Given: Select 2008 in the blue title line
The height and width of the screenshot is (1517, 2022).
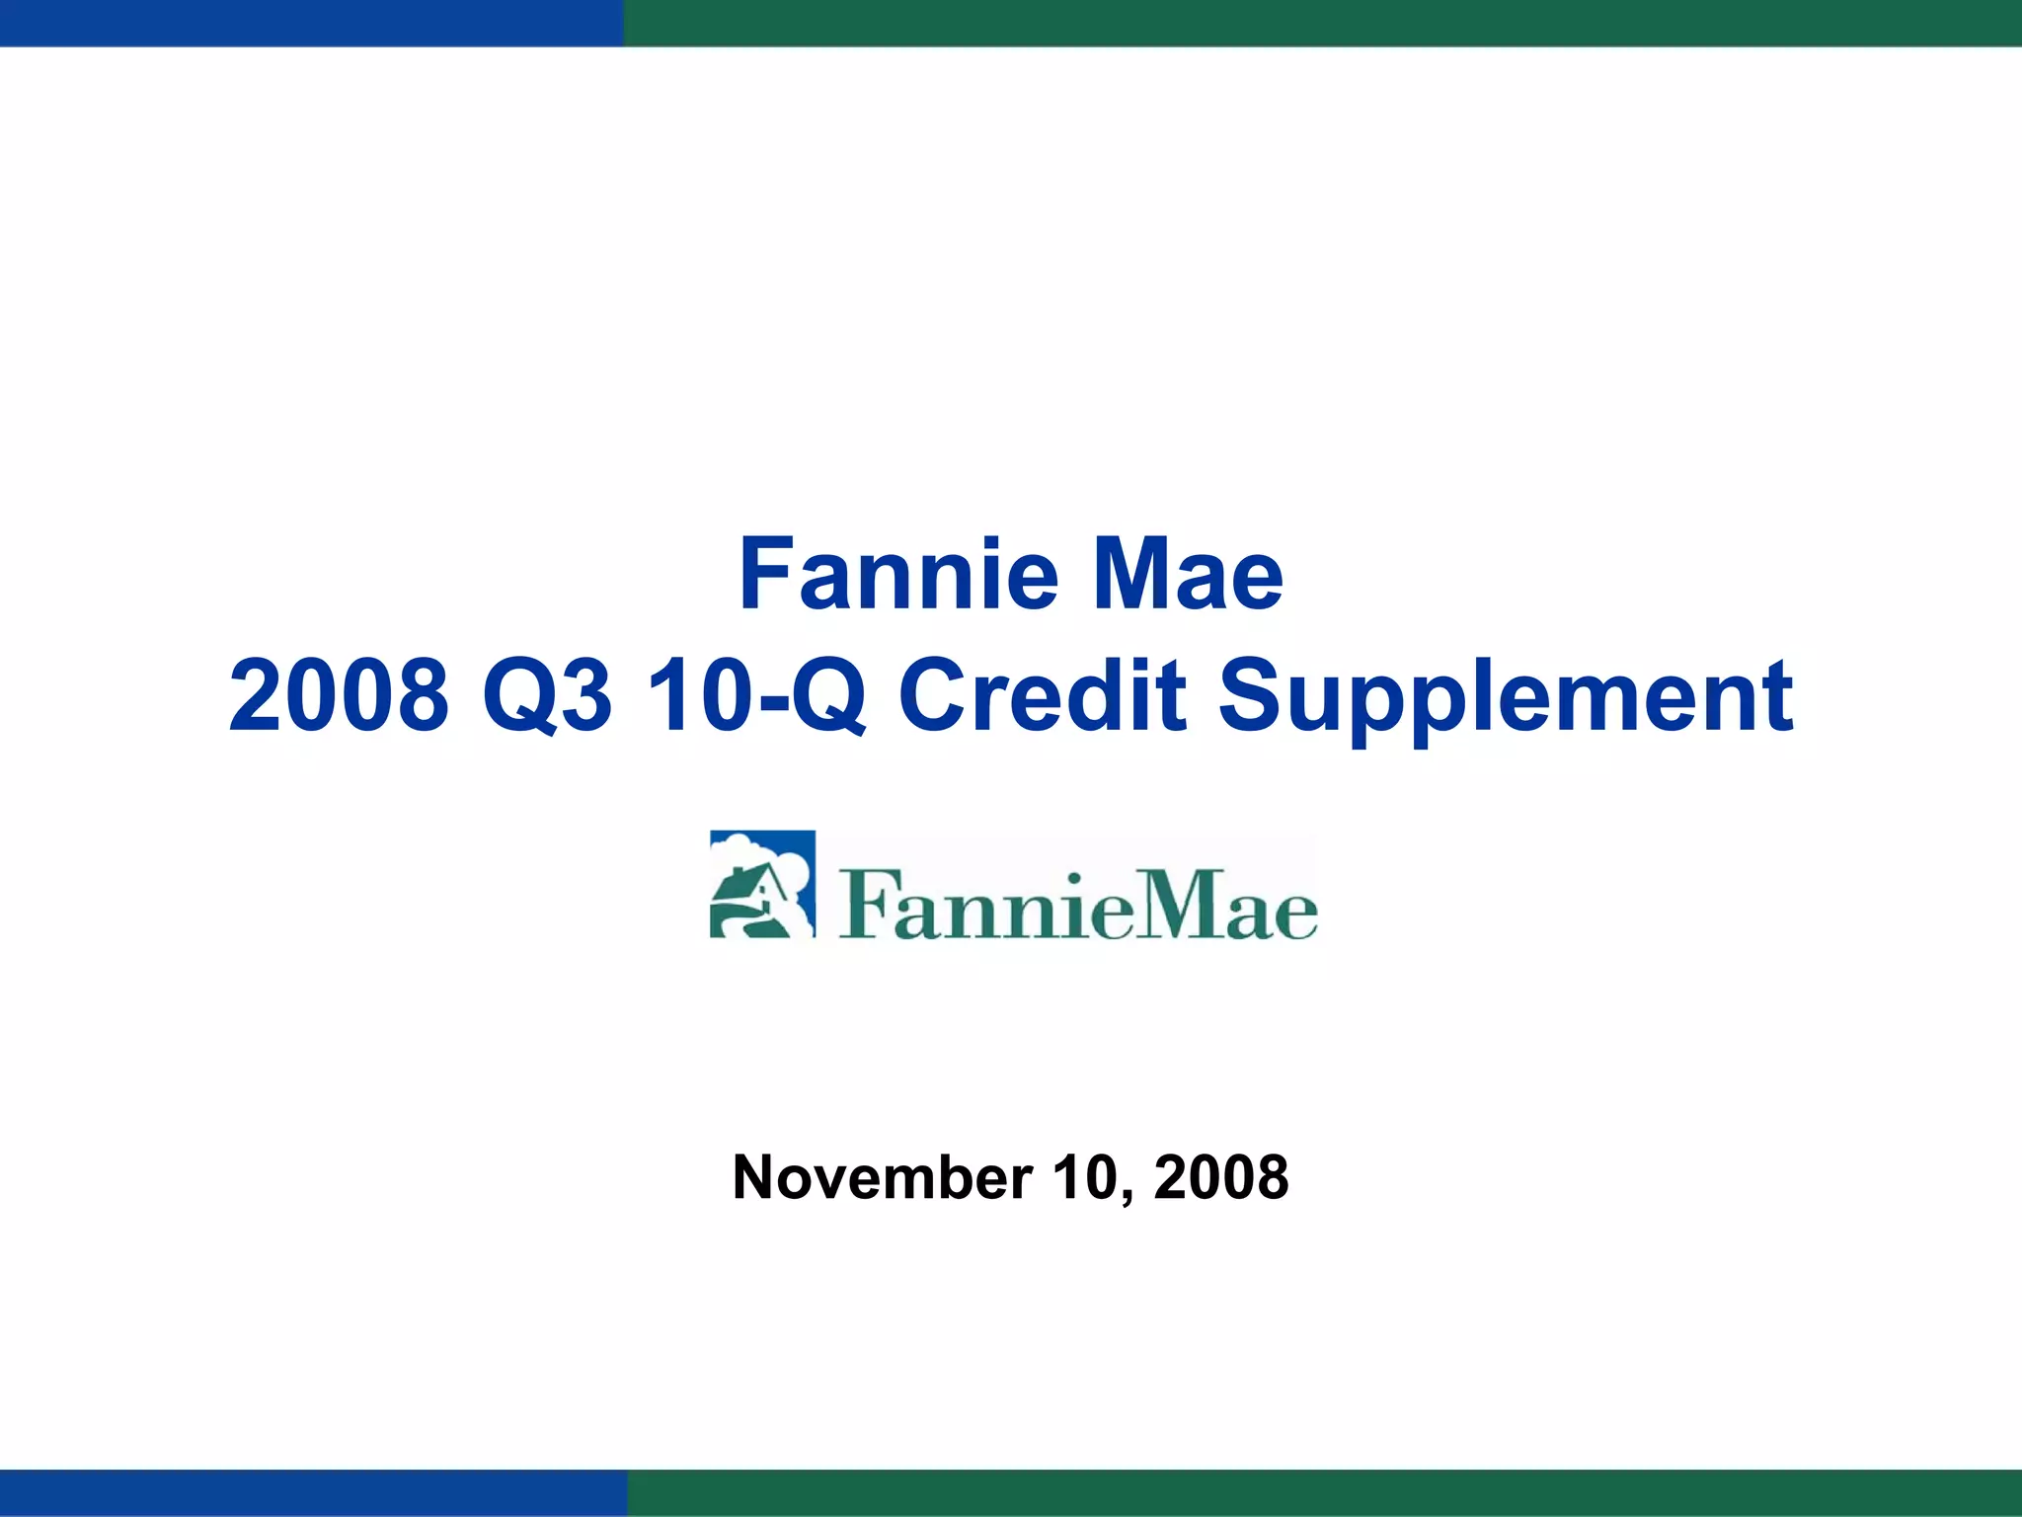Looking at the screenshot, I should coord(339,695).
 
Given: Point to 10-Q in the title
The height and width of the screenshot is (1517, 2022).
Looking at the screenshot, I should coord(756,695).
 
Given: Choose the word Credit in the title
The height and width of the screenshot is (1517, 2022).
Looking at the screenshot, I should coord(1043,695).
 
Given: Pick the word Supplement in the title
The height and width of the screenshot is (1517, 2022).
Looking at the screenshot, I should coord(1506,697).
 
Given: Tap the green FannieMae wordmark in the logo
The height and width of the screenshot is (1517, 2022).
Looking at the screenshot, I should coord(1077,905).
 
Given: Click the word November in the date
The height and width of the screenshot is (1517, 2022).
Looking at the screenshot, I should coord(882,1177).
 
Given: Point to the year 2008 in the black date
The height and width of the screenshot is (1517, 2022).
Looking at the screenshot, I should coord(1221,1177).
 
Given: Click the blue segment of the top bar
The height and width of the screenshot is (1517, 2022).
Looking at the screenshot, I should coord(311,23).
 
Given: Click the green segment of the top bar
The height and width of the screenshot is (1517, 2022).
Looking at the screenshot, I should coord(1323,23).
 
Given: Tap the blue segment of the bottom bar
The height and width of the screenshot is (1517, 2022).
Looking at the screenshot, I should coord(313,1492).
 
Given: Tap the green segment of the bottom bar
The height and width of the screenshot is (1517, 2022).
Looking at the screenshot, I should coord(1325,1492).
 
